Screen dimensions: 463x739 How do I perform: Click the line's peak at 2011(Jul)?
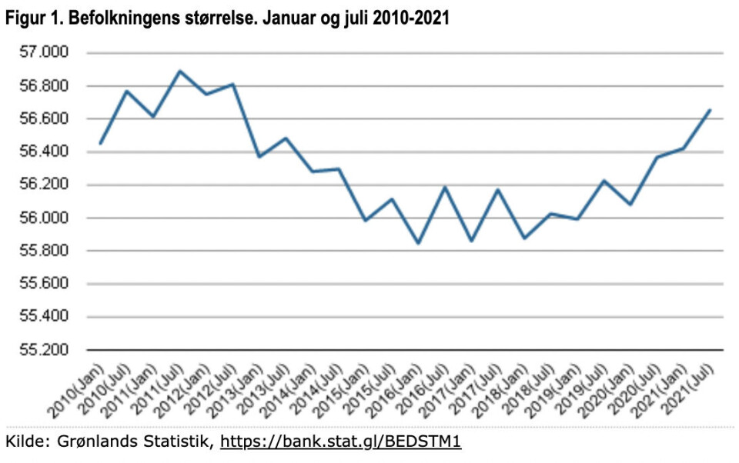(180, 71)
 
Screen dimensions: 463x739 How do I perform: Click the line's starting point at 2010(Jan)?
(100, 143)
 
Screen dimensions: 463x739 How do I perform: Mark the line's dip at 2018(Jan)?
(525, 238)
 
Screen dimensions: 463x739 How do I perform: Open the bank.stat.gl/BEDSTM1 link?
(341, 442)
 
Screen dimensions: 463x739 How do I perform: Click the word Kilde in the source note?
(23, 442)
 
